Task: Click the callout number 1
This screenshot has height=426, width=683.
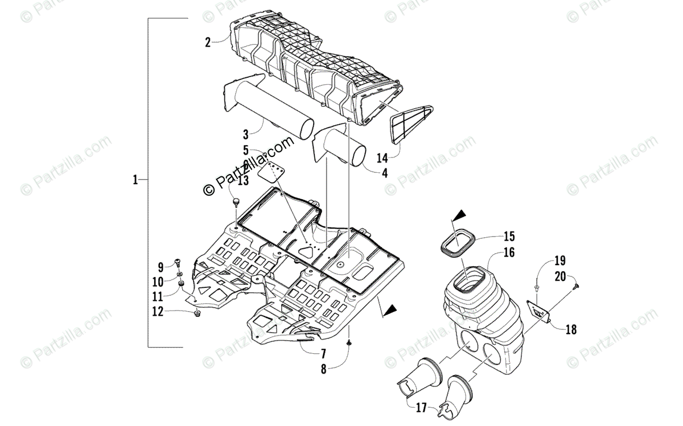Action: click(x=135, y=180)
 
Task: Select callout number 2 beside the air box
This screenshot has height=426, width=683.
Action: click(x=208, y=42)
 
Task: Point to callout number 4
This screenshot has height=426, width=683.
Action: click(x=385, y=173)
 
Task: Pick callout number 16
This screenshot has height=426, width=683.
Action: click(x=508, y=253)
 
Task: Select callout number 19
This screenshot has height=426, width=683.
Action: click(x=559, y=261)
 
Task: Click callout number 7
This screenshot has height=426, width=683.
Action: click(x=322, y=353)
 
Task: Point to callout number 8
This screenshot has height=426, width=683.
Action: click(x=323, y=369)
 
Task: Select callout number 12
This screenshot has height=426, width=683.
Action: click(x=158, y=311)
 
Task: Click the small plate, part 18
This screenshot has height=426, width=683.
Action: click(x=539, y=310)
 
